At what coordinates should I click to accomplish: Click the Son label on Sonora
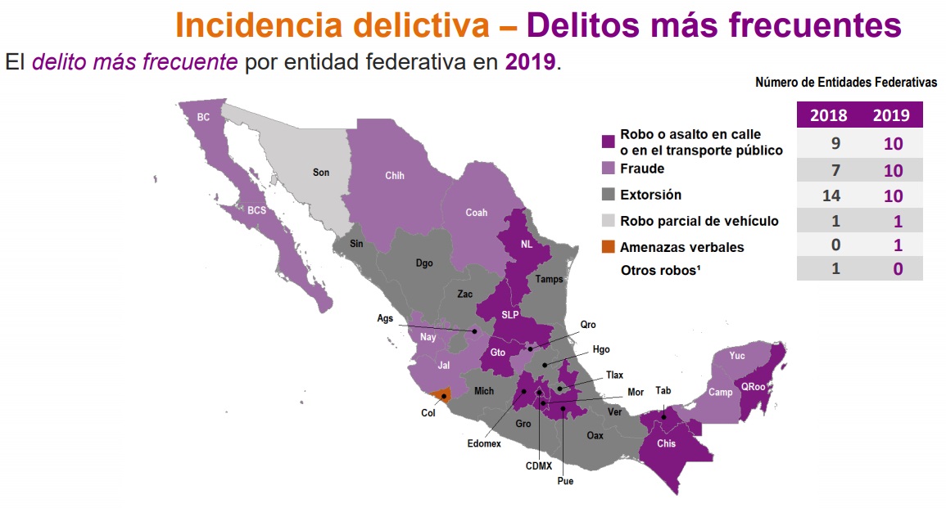pos(320,173)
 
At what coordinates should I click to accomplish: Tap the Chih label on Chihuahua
pos(395,176)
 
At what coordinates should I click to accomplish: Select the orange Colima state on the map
pos(441,395)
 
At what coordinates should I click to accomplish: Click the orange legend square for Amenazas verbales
pos(608,246)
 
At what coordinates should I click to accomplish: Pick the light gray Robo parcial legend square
pos(608,221)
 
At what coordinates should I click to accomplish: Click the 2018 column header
pos(828,115)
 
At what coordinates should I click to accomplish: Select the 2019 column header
pos(891,115)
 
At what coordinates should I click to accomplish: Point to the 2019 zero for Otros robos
pos(898,269)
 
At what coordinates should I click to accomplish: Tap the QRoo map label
pos(753,388)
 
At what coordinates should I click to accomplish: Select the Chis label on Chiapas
pos(666,444)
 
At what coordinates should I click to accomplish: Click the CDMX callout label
pos(539,467)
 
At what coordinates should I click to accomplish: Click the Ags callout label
pos(386,318)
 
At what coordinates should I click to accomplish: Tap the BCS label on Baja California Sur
pos(256,210)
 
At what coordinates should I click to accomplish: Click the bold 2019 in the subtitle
pos(531,62)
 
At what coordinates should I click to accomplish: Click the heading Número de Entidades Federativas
pos(846,83)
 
